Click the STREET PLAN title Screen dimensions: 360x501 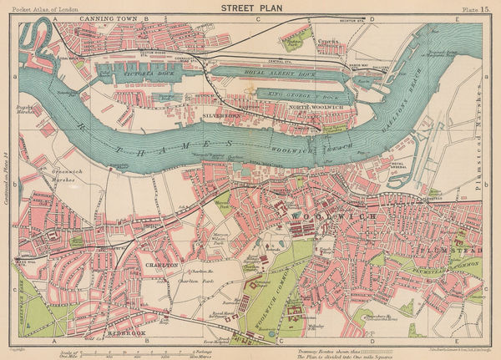(x=250, y=7)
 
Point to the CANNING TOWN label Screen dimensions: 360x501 (x=109, y=17)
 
